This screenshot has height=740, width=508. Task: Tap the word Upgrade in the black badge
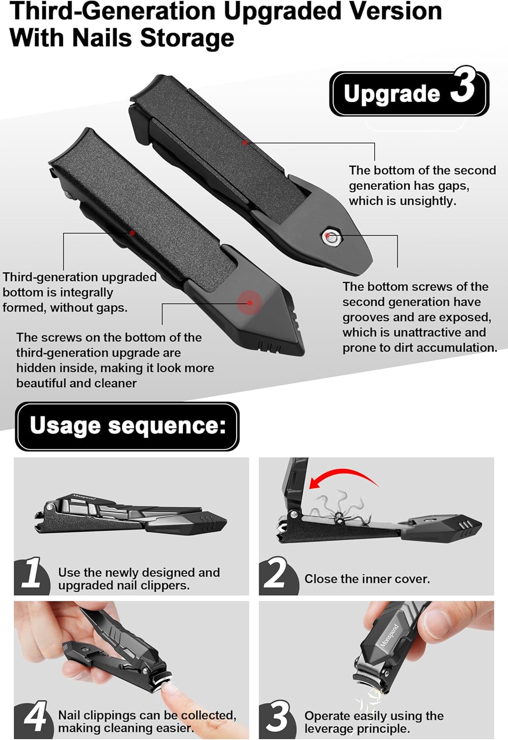coord(392,94)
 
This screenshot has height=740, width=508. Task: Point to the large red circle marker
coord(250,302)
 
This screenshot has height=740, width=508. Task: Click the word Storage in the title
coord(187,37)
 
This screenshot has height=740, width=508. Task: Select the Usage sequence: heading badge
coord(127,426)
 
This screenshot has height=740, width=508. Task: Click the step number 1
coord(32,572)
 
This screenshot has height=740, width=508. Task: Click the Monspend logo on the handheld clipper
coord(390,635)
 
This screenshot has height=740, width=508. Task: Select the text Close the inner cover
coord(367,579)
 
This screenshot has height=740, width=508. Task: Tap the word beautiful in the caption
coord(41,383)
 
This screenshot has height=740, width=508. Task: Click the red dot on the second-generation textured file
coord(245,143)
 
